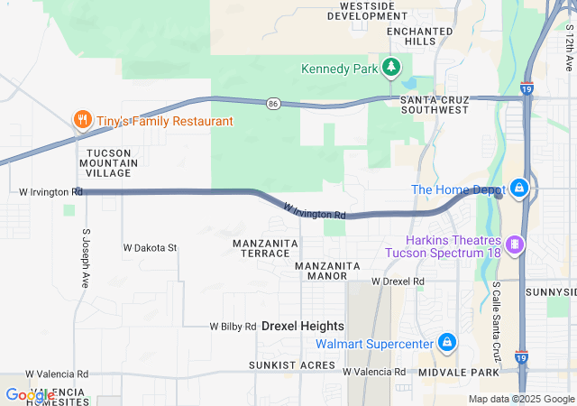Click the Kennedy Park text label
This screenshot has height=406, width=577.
pyautogui.click(x=339, y=69)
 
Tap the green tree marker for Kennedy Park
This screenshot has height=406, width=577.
pyautogui.click(x=391, y=67)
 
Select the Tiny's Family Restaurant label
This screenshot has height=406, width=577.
pyautogui.click(x=165, y=121)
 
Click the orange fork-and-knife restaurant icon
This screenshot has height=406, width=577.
pyautogui.click(x=82, y=120)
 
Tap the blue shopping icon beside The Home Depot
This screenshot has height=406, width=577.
pyautogui.click(x=518, y=189)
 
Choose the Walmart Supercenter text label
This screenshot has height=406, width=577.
pyautogui.click(x=373, y=344)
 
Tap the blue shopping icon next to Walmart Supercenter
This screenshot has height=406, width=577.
pyautogui.click(x=446, y=343)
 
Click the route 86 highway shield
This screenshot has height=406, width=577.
pyautogui.click(x=272, y=105)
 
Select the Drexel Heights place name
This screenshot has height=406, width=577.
pyautogui.click(x=303, y=326)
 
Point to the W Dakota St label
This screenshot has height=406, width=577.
pyautogui.click(x=150, y=247)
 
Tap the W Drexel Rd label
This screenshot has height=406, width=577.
pyautogui.click(x=398, y=281)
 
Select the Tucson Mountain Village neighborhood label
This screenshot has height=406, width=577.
pyautogui.click(x=114, y=163)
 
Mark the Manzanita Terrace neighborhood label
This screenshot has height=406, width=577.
pyautogui.click(x=261, y=249)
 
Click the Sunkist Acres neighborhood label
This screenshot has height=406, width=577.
pyautogui.click(x=292, y=366)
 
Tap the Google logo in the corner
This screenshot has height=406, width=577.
pyautogui.click(x=29, y=395)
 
